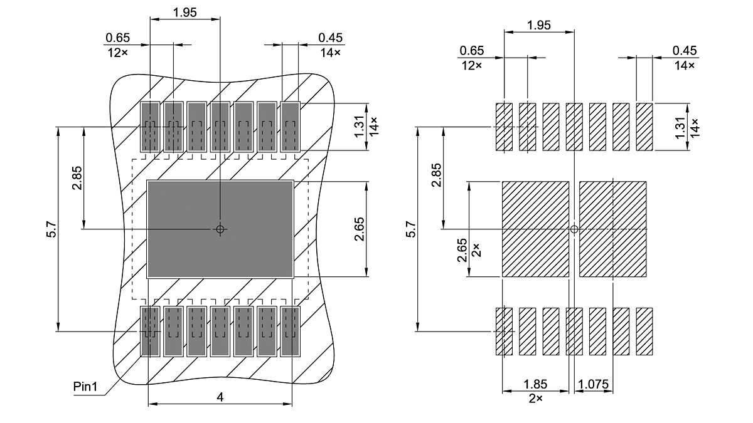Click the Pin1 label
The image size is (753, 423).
pyautogui.click(x=86, y=387)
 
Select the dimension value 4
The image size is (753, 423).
pyautogui.click(x=220, y=397)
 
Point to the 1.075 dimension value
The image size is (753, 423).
pyautogui.click(x=594, y=384)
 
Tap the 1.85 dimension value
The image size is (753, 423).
pyautogui.click(x=535, y=384)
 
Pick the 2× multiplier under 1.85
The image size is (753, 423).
pyautogui.click(x=535, y=398)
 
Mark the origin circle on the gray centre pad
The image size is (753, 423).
pyautogui.click(x=220, y=229)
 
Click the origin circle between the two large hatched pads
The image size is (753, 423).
pyautogui.click(x=574, y=229)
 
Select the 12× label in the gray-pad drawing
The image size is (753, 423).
pyautogui.click(x=117, y=53)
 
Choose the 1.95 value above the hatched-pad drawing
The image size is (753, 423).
pyautogui.click(x=539, y=25)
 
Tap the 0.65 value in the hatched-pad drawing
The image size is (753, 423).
pyautogui.click(x=472, y=51)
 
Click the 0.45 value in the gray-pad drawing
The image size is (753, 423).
pyautogui.click(x=330, y=39)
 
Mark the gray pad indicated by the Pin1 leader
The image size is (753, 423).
pyautogui.click(x=149, y=332)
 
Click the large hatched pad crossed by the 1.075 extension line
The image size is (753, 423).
pyautogui.click(x=612, y=229)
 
